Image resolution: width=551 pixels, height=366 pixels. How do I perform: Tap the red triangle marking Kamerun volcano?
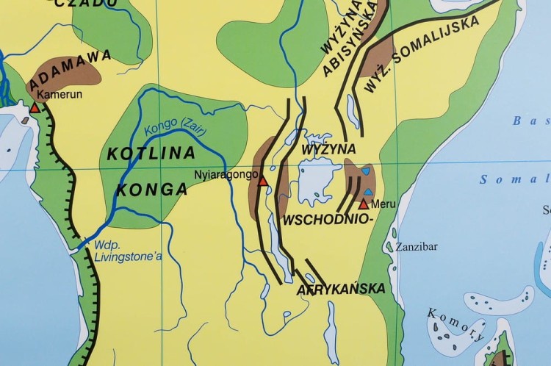(34, 107)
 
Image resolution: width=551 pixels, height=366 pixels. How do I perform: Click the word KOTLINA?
(151, 154)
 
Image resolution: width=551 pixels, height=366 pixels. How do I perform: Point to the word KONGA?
(151, 189)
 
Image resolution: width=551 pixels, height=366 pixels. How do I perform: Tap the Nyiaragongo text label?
(227, 175)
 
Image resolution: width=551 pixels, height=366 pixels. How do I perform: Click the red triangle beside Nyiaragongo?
(263, 180)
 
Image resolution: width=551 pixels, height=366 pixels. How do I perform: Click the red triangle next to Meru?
(364, 204)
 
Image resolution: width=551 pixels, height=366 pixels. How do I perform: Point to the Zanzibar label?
(417, 246)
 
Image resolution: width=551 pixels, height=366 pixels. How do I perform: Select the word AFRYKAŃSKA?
(341, 289)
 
